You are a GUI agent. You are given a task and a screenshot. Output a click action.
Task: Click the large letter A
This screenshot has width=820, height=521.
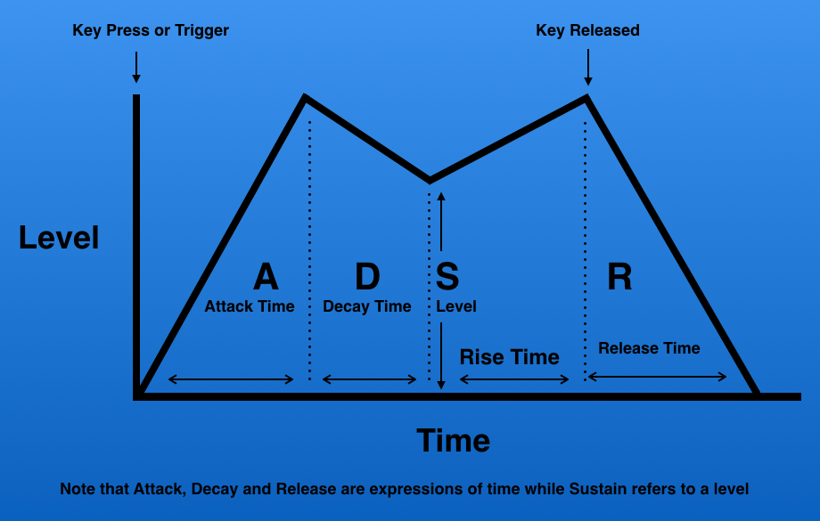(266, 276)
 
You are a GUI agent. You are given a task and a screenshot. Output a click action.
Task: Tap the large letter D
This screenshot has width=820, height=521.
(367, 276)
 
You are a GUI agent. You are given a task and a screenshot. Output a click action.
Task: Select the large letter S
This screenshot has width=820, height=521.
(447, 276)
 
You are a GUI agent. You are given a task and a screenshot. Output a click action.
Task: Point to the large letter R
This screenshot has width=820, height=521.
(619, 276)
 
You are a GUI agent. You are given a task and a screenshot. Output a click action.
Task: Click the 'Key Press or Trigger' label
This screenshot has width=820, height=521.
(151, 30)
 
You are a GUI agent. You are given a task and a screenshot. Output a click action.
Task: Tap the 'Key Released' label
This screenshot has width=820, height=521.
(587, 30)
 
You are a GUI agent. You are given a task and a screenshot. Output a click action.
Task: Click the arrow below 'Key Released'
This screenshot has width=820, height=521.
(588, 67)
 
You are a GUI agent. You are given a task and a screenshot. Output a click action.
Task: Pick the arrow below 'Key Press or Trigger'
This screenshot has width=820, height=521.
(136, 67)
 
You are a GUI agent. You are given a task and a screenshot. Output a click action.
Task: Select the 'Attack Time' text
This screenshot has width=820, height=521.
(250, 306)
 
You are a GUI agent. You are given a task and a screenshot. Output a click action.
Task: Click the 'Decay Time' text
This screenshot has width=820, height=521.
(367, 306)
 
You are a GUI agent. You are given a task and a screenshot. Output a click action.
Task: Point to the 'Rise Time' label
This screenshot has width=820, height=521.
(509, 357)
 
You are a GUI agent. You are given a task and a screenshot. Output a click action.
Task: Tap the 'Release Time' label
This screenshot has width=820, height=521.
(649, 348)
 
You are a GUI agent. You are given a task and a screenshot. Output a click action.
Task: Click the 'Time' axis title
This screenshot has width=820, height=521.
(454, 441)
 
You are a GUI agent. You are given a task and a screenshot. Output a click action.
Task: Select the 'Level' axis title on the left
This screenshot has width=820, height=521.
(59, 238)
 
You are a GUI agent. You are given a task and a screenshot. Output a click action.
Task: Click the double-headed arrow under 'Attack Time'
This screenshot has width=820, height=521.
(231, 379)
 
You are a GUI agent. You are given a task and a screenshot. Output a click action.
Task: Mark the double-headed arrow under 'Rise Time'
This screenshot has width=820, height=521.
(514, 379)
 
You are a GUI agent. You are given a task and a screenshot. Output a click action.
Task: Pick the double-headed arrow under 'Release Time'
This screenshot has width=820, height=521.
(658, 376)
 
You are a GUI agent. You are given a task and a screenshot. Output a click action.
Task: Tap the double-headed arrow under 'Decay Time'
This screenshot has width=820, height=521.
(370, 379)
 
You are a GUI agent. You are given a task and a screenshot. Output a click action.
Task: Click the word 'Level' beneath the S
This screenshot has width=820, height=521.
(456, 306)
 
